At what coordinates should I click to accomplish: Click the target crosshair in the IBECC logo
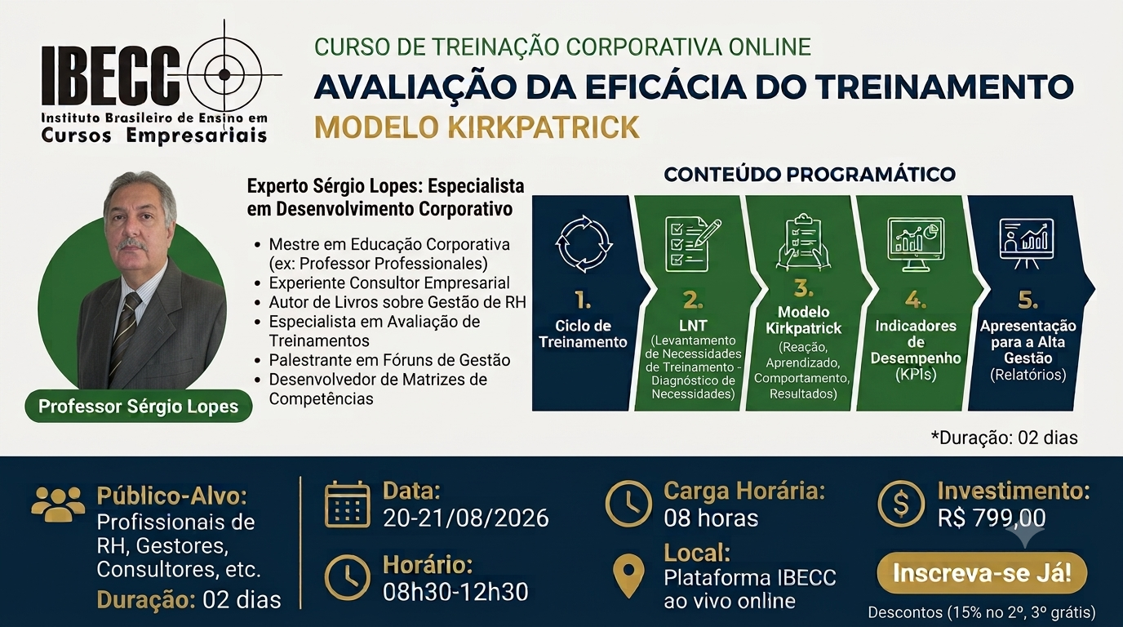[224, 75]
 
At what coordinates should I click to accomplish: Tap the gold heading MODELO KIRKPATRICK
[477, 127]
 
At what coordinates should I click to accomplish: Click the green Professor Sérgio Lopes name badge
[139, 406]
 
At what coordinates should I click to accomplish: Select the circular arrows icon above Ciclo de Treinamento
[584, 244]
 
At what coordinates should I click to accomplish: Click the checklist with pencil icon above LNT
[693, 245]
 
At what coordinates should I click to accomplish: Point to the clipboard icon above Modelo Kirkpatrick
[803, 242]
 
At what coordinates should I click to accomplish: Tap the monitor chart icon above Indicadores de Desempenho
[916, 245]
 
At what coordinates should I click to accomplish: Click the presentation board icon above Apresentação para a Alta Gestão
[1026, 243]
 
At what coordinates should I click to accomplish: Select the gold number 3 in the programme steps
[804, 288]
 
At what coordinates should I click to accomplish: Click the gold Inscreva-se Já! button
[982, 573]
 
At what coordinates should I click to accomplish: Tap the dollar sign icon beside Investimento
[901, 504]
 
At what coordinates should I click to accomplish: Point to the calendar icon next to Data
[348, 504]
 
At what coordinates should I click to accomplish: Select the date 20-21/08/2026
[466, 518]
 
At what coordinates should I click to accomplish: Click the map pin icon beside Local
[628, 576]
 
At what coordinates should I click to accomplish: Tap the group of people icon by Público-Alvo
[58, 504]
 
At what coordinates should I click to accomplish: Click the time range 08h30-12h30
[455, 592]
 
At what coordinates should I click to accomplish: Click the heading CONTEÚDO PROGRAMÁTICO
[810, 174]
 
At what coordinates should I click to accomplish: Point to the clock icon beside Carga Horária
[628, 504]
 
